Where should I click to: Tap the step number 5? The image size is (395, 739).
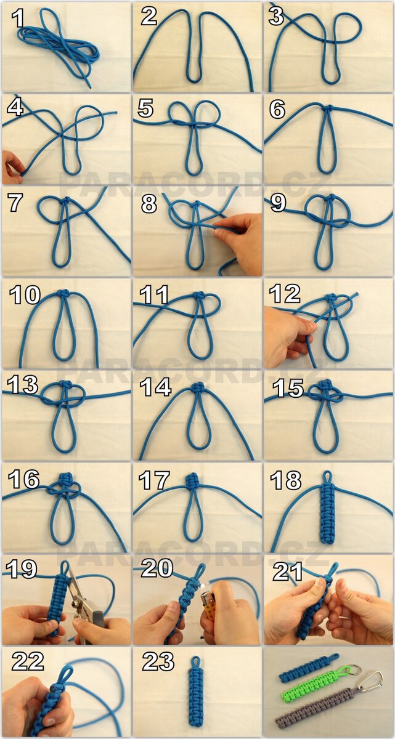coord(145,108)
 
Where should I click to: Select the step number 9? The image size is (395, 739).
coord(278,203)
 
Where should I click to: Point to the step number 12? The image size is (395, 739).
coord(285,294)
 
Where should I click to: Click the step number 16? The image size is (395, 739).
coord(23,480)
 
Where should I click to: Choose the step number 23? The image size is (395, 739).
coord(158,661)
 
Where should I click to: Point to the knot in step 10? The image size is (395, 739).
coord(63,293)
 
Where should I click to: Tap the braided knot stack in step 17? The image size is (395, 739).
coord(192,482)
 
